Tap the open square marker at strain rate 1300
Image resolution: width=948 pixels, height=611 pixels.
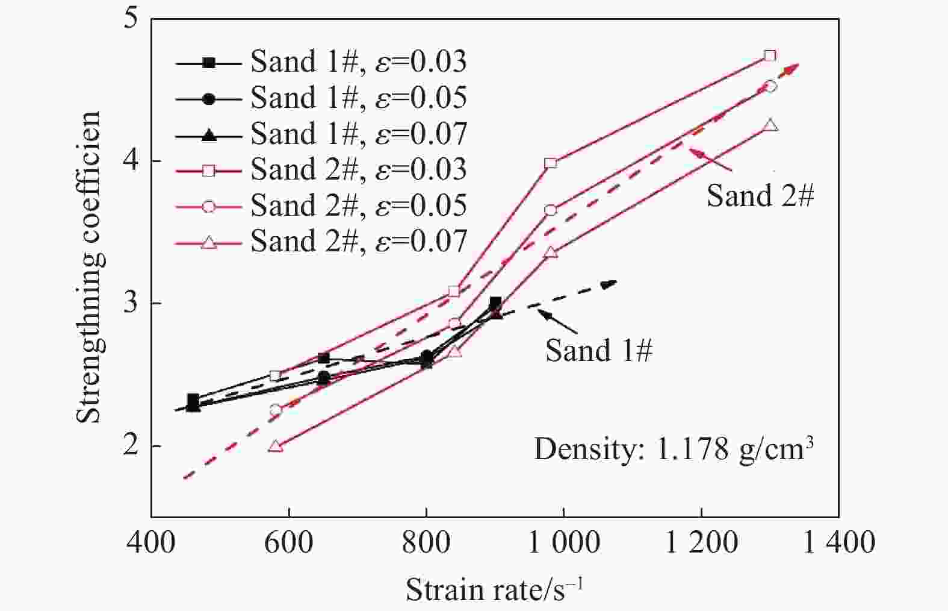coord(770,56)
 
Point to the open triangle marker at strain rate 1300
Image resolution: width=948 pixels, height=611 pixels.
coord(770,126)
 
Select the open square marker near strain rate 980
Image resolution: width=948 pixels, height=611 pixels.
coord(550,163)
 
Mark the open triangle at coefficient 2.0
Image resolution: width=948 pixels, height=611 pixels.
coord(276,446)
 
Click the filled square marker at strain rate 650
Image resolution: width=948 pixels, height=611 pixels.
coord(323,359)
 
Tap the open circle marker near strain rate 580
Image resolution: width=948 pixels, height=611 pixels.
coord(276,410)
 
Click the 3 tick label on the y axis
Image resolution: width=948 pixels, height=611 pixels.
coord(131,303)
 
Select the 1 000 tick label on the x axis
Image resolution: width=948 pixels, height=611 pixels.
coord(563,542)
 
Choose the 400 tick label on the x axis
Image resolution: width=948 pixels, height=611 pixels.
coord(151,542)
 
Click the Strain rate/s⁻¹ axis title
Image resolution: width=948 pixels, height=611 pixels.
coord(494,589)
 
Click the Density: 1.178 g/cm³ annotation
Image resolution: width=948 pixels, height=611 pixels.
coord(674,449)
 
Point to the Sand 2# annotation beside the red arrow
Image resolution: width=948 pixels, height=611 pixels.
coord(760,196)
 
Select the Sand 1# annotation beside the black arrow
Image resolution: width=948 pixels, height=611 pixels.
coord(599,350)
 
